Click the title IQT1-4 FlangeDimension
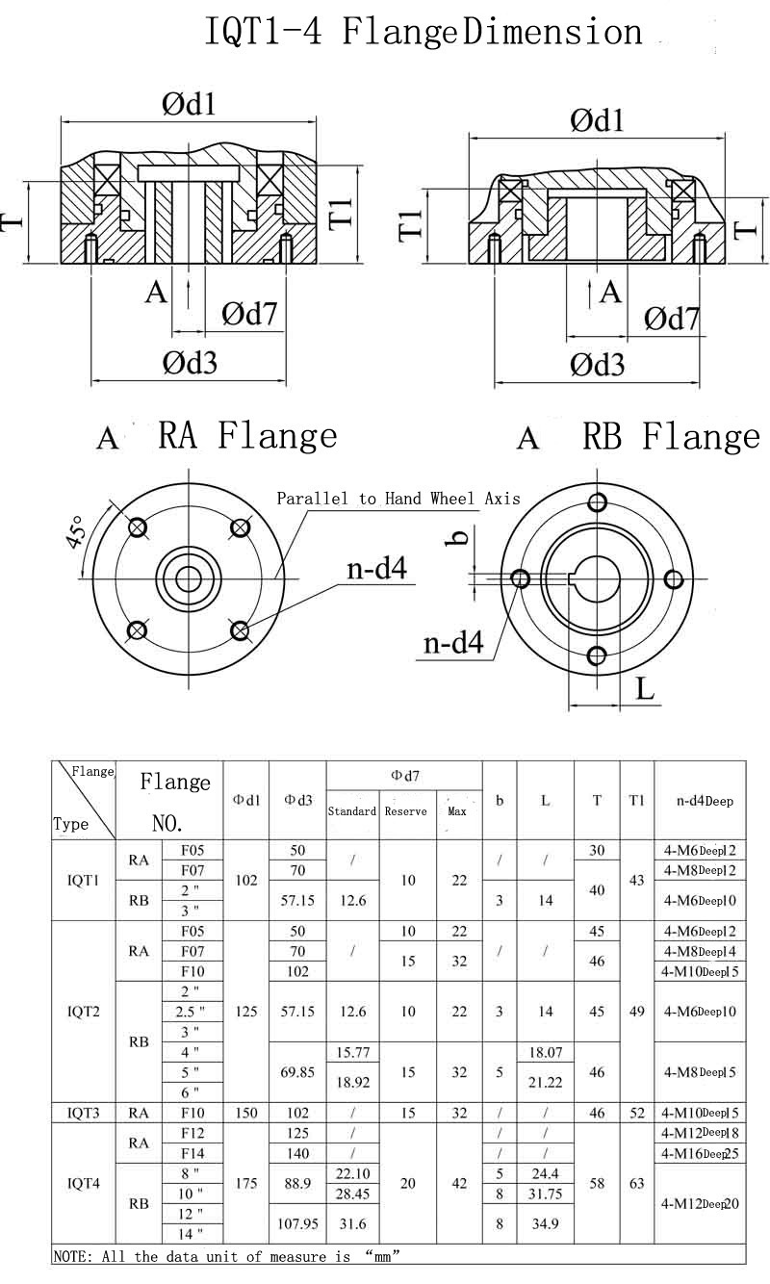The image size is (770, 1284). pyautogui.click(x=423, y=33)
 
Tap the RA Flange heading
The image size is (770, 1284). pyautogui.click(x=247, y=436)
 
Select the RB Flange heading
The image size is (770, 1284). pyautogui.click(x=671, y=437)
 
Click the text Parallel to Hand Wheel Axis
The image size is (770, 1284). pyautogui.click(x=398, y=499)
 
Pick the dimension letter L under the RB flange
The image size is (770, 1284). pyautogui.click(x=645, y=688)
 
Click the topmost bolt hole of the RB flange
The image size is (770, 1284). pyautogui.click(x=597, y=501)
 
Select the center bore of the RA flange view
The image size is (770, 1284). pyautogui.click(x=188, y=578)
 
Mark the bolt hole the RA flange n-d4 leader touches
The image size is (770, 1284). pyautogui.click(x=240, y=629)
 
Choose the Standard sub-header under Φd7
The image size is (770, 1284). pyautogui.click(x=352, y=811)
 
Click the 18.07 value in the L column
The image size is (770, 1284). pyautogui.click(x=546, y=1053)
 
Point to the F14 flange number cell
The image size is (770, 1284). pyautogui.click(x=192, y=1153)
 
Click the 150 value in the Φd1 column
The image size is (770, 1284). pyautogui.click(x=246, y=1113)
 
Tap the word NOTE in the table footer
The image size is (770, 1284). pyautogui.click(x=70, y=1256)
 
